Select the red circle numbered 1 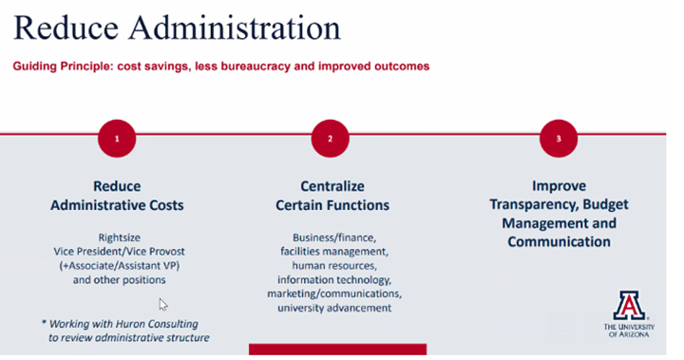point(117,139)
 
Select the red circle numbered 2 point(331,139)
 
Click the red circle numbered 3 point(559,139)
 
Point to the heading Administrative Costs point(118,205)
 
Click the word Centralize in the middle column point(332,186)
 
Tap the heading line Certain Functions point(332,205)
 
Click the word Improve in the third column point(559,186)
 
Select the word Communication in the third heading point(559,241)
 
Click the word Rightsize point(119,237)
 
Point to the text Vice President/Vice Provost point(119,251)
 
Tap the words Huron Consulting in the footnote point(144,323)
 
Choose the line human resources point(332,265)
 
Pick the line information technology point(332,279)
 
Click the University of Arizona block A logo point(629,305)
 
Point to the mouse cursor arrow point(162,304)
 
